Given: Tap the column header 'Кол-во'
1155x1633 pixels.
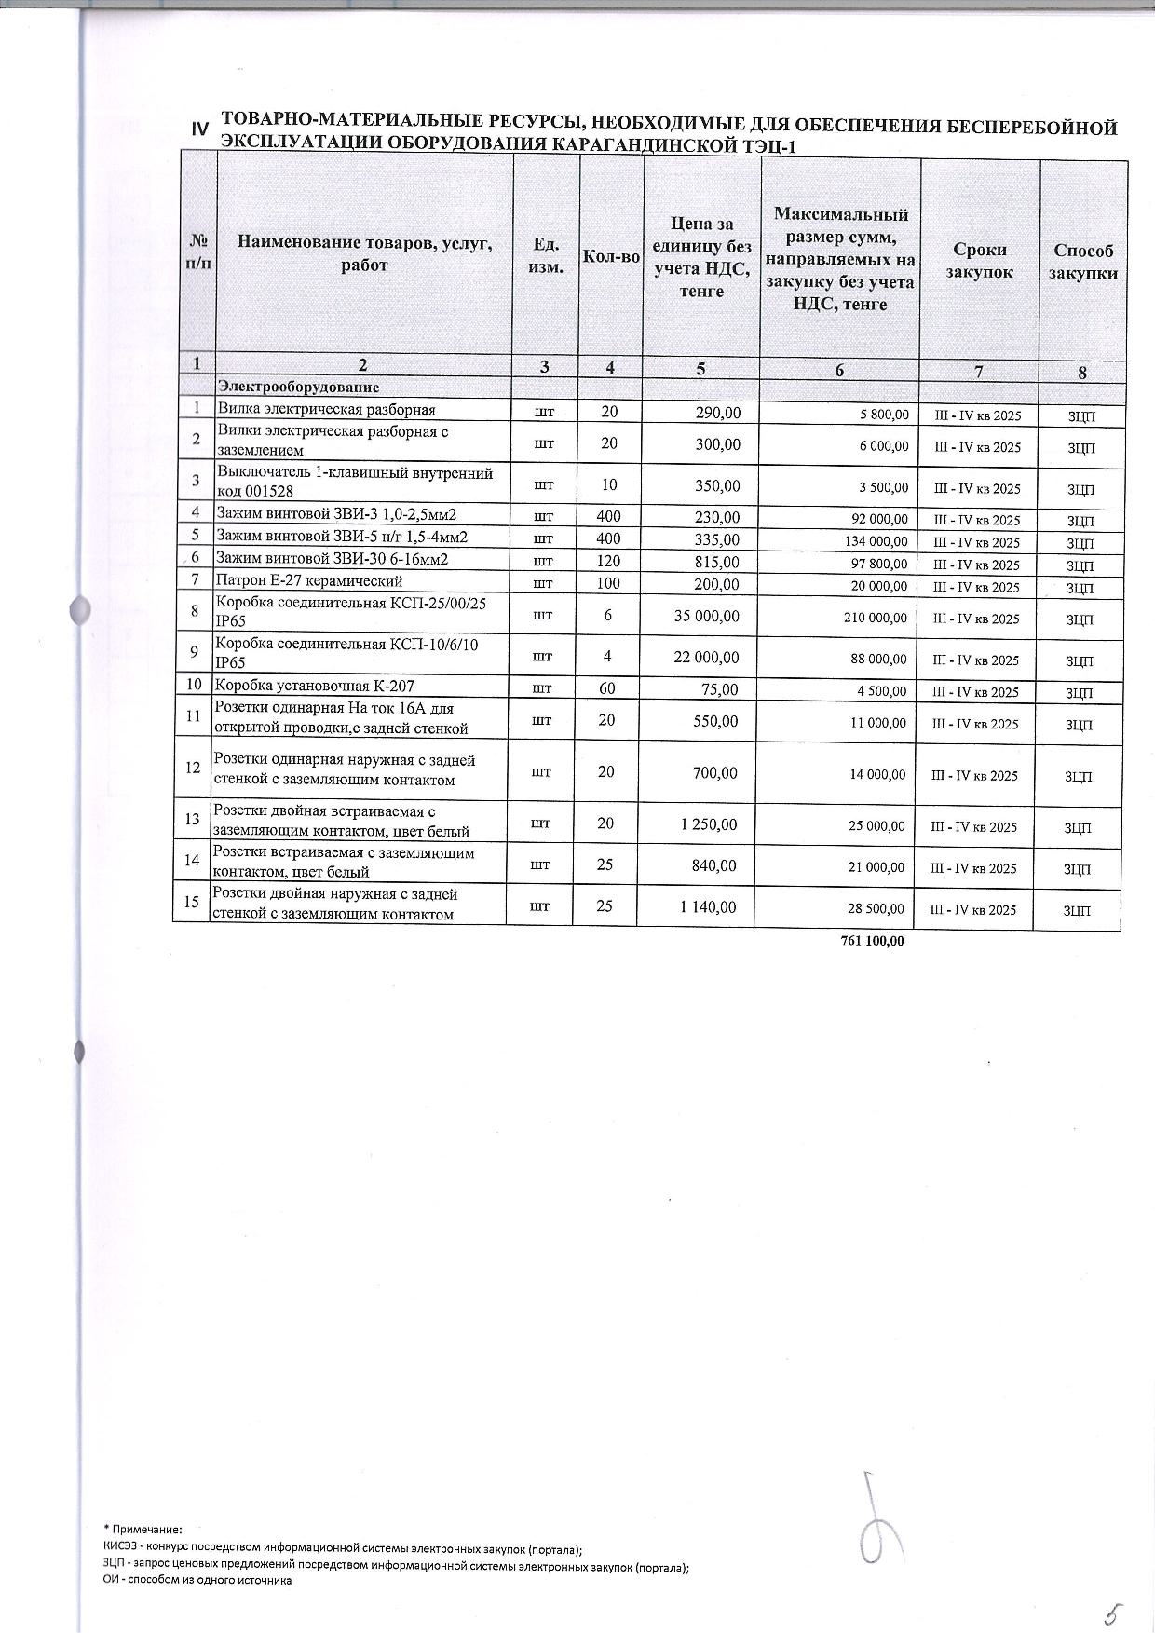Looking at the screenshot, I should (610, 256).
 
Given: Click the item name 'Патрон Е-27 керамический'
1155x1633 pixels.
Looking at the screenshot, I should (309, 582).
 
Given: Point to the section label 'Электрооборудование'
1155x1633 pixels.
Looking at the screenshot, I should (298, 387).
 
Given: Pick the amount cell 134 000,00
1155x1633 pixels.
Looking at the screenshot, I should (875, 542).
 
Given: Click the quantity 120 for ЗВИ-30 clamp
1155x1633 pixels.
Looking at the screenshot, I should (608, 561).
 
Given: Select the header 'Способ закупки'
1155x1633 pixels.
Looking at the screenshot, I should (1082, 262).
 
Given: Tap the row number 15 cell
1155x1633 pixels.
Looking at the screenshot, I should (193, 902).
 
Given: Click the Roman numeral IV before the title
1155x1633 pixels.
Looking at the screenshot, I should (199, 130).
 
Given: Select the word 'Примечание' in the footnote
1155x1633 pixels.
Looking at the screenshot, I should (146, 1530).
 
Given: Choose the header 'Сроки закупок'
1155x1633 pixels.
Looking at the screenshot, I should (979, 261).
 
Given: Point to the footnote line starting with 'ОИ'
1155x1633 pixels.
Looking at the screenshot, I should (197, 1580).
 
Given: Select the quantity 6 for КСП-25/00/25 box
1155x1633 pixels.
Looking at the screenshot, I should (608, 616).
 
